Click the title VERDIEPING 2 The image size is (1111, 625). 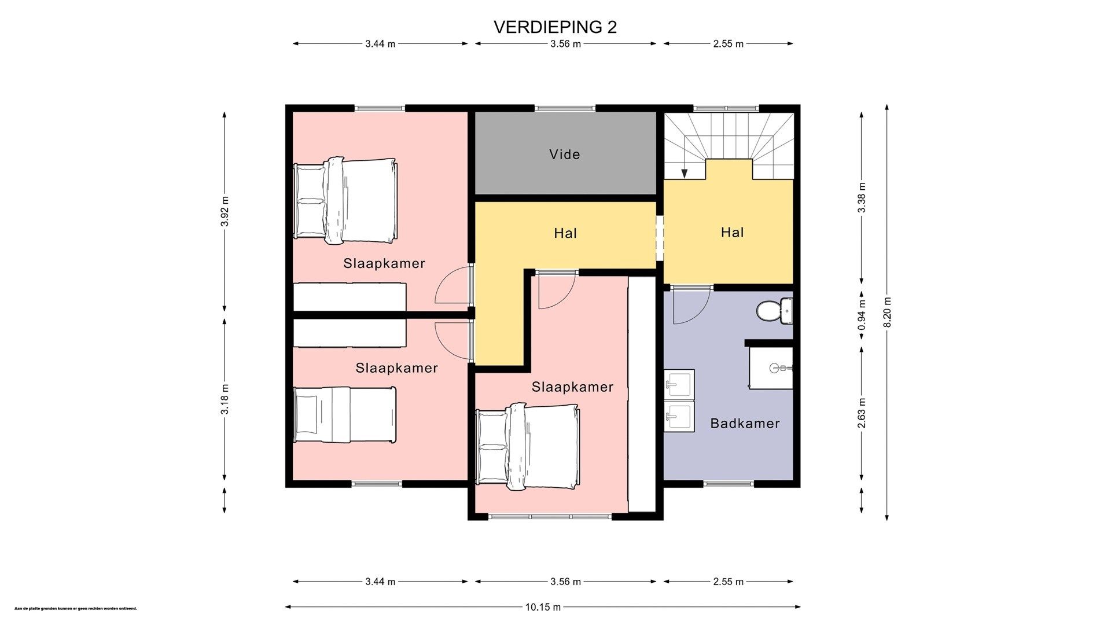(x=555, y=27)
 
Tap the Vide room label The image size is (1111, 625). (x=565, y=155)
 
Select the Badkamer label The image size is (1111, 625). (x=745, y=424)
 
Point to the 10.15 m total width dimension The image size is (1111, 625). (x=543, y=607)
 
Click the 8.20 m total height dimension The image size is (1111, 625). (x=887, y=312)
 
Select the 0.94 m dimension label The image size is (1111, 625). (x=862, y=315)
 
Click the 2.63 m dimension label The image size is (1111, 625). (x=862, y=413)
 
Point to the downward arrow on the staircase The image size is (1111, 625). (x=685, y=172)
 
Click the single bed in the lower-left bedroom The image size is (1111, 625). (x=345, y=415)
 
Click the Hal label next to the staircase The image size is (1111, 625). (x=732, y=233)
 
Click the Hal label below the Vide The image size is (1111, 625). (x=565, y=234)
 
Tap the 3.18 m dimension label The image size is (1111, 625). (x=225, y=399)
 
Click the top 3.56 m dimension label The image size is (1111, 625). (x=565, y=44)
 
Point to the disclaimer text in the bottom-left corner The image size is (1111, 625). (x=76, y=609)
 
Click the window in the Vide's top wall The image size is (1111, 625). (x=565, y=108)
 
